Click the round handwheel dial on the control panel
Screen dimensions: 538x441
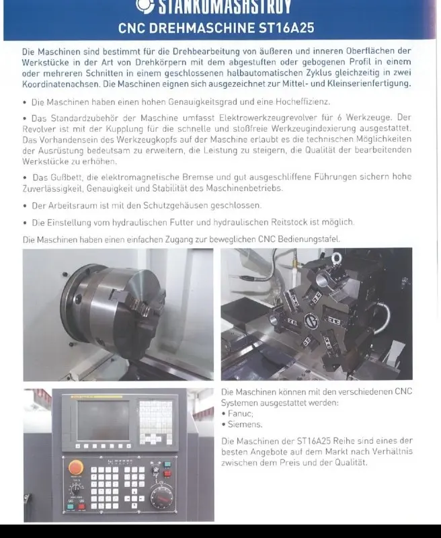pyautogui.click(x=161, y=497)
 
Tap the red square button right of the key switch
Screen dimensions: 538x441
pyautogui.click(x=83, y=504)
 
